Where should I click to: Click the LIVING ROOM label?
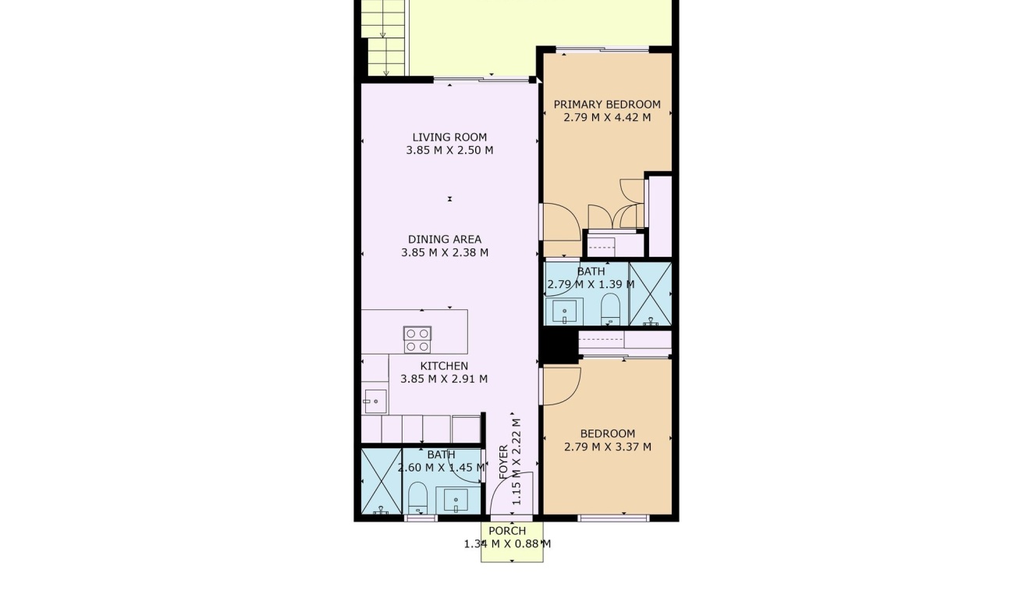pyautogui.click(x=449, y=137)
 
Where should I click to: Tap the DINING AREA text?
pyautogui.click(x=445, y=240)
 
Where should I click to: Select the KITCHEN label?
pyautogui.click(x=444, y=366)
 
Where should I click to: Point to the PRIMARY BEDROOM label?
pyautogui.click(x=607, y=105)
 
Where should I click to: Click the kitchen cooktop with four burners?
pyautogui.click(x=417, y=340)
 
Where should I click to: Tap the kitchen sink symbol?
pyautogui.click(x=375, y=401)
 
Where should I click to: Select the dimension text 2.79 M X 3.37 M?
pyautogui.click(x=607, y=447)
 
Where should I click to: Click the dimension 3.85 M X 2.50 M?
pyautogui.click(x=449, y=151)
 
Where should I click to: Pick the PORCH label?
pyautogui.click(x=507, y=531)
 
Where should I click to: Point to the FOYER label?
pyautogui.click(x=503, y=461)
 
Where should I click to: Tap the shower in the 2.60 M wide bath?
pyautogui.click(x=381, y=481)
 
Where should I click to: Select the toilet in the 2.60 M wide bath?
pyautogui.click(x=418, y=497)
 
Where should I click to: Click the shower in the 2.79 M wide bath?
pyautogui.click(x=650, y=294)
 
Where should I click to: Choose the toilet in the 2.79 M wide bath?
pyautogui.click(x=610, y=308)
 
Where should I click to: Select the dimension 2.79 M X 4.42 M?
pyautogui.click(x=607, y=118)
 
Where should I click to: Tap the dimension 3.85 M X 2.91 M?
pyautogui.click(x=444, y=379)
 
